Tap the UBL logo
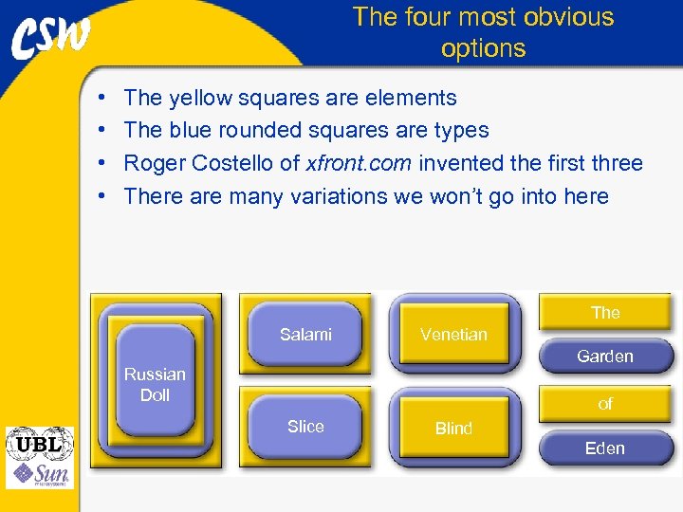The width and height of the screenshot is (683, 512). point(39,444)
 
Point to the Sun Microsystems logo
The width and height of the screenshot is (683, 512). point(39,473)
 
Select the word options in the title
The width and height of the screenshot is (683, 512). point(483,48)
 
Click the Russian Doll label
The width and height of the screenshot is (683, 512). point(155,384)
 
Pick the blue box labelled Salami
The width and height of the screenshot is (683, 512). point(305,334)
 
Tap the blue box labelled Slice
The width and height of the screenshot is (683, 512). point(305,427)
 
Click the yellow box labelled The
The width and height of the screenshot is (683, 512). point(605,312)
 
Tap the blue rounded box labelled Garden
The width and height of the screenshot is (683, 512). point(605,357)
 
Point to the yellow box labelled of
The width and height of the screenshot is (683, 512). point(605,404)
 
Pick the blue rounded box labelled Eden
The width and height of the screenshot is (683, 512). point(605,448)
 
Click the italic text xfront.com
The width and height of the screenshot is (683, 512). point(359,163)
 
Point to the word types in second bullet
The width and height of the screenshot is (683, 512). point(461,131)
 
